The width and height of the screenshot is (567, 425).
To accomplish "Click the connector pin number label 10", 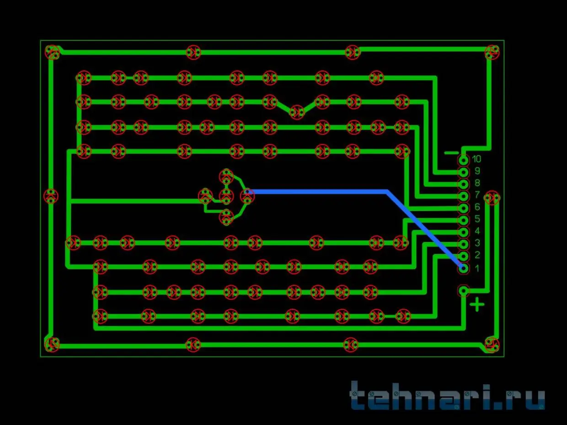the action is (x=476, y=159).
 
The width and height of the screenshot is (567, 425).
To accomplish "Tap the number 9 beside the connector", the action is (x=477, y=171).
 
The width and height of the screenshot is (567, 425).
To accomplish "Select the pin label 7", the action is (x=477, y=195).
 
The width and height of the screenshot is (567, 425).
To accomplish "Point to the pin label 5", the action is (x=477, y=219).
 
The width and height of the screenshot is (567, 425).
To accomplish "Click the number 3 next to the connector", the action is (x=477, y=243).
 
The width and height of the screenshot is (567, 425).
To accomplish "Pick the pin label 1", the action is (x=477, y=269).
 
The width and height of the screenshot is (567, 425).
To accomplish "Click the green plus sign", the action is (x=477, y=305).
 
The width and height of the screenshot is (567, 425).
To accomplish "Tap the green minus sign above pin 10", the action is (x=451, y=153).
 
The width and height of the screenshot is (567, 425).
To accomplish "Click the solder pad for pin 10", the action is (x=463, y=161).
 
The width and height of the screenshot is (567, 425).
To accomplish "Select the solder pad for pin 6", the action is (x=463, y=208).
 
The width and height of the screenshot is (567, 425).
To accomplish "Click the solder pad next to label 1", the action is (x=463, y=269).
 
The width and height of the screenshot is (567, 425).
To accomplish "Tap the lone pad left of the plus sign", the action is (x=463, y=291).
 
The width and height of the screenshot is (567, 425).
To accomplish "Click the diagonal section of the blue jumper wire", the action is (x=424, y=229).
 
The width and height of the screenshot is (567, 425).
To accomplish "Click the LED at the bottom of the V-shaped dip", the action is (x=297, y=112).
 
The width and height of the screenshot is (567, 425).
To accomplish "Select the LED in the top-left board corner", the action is (x=52, y=52).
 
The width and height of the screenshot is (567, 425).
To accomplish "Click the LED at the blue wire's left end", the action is (x=247, y=196).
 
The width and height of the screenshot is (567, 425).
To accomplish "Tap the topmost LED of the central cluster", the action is (x=226, y=176).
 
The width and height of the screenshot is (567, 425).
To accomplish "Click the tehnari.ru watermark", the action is (x=447, y=396).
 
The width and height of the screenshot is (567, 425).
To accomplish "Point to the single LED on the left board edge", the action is (x=51, y=196).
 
